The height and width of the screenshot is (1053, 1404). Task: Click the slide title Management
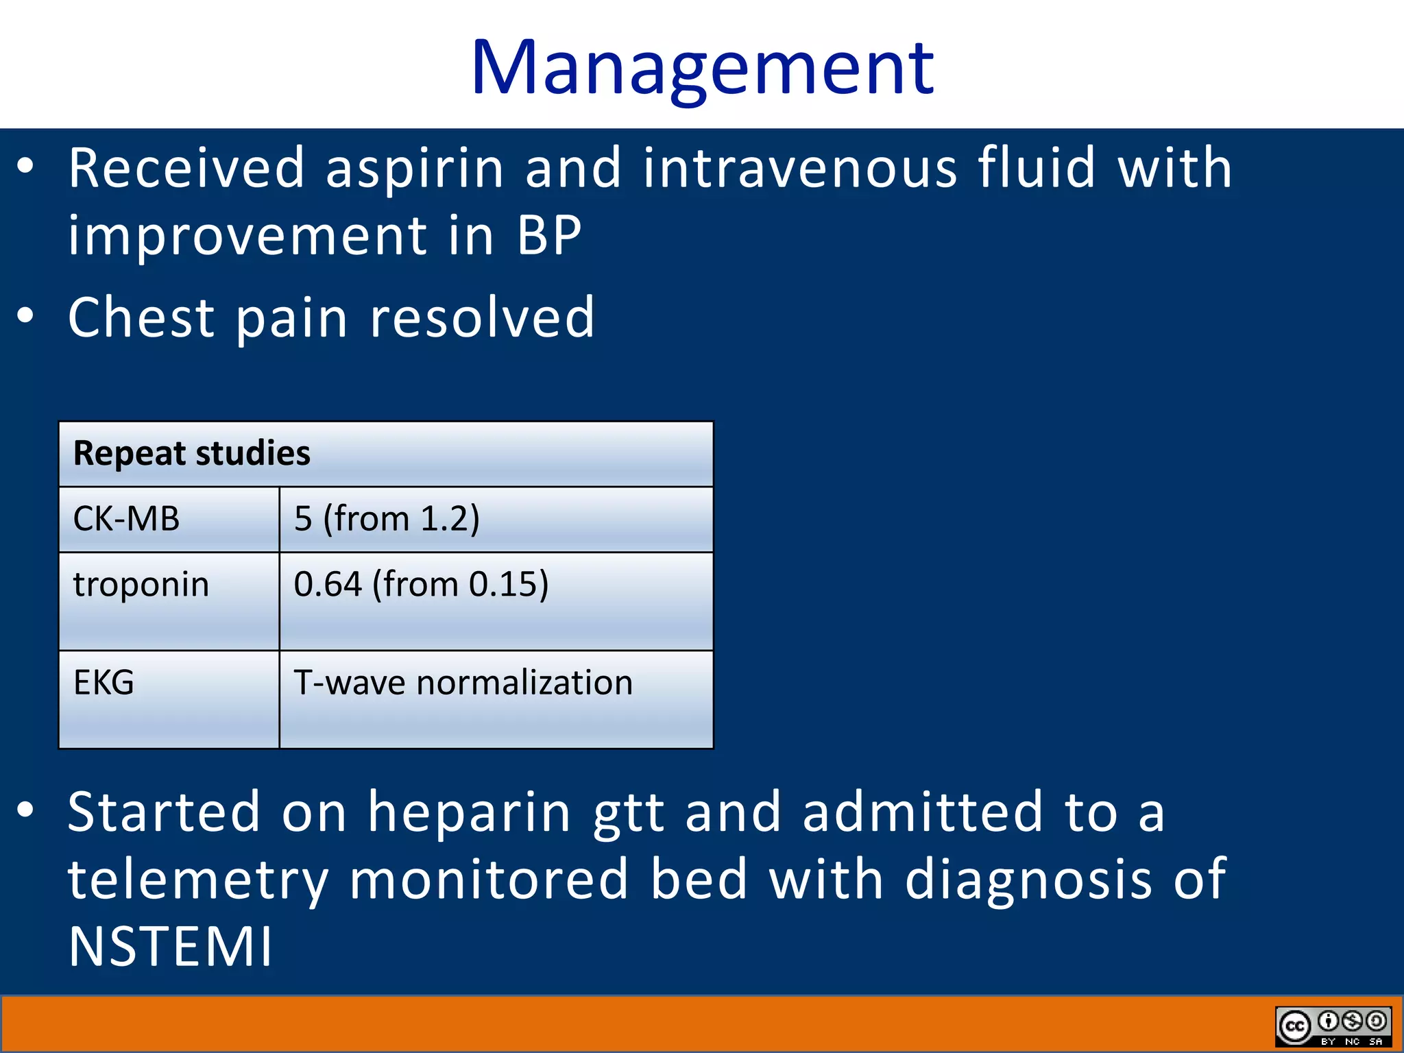[702, 69]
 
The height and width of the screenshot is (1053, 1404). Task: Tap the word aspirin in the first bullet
[414, 169]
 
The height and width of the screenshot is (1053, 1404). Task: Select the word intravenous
[799, 169]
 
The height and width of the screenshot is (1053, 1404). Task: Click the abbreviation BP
[548, 236]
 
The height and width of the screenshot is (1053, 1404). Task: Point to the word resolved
[482, 318]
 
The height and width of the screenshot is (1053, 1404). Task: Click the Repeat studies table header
[192, 454]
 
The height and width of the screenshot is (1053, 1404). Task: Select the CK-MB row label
[127, 519]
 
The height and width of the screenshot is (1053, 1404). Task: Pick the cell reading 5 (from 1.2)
[387, 519]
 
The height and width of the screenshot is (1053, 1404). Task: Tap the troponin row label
[141, 585]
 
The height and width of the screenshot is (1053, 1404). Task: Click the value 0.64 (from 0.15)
[421, 585]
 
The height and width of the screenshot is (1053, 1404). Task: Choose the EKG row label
[104, 683]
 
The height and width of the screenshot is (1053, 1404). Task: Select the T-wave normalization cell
[463, 683]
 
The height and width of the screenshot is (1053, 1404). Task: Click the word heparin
[470, 812]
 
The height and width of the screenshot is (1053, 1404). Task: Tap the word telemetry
[199, 881]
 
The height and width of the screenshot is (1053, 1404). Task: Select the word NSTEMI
[170, 947]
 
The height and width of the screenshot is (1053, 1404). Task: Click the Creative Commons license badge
[1333, 1026]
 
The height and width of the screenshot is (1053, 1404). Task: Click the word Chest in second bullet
[141, 318]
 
